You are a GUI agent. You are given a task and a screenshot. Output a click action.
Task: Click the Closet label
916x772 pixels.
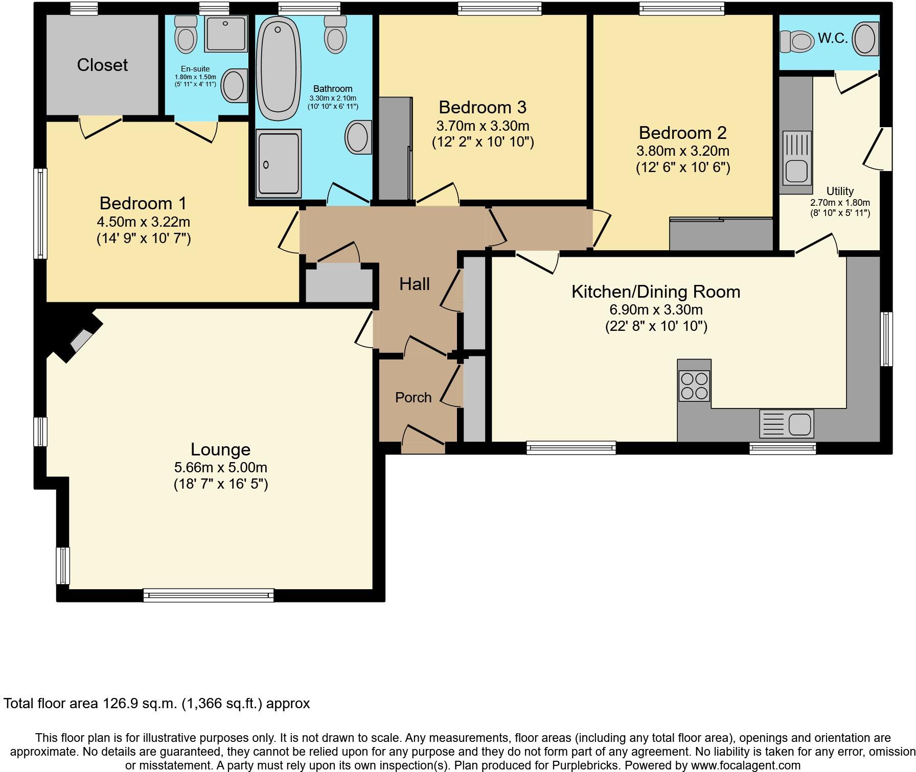[x=102, y=65]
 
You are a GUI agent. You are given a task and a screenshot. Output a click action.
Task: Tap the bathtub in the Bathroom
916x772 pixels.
[x=278, y=68]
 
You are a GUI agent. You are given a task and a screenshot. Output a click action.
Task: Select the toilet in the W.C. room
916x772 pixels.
[x=796, y=41]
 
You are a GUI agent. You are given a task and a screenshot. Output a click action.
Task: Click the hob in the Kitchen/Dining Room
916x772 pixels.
[x=694, y=385]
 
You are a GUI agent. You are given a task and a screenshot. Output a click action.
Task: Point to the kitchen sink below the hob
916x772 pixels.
[x=787, y=424]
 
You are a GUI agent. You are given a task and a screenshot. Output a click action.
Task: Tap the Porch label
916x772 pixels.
[x=413, y=397]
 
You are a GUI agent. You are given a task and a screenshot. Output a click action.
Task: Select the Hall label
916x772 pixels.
[x=414, y=284]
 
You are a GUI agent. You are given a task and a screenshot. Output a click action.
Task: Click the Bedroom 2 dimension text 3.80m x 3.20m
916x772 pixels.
[x=682, y=151]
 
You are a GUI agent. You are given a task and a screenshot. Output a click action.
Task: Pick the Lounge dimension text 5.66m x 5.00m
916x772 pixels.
[x=220, y=467]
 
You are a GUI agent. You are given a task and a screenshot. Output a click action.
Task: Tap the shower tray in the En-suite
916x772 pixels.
[x=225, y=33]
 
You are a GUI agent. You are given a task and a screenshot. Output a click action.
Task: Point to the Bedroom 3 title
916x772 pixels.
[x=483, y=107]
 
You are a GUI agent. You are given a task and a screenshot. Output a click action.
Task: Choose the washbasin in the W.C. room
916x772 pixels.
[x=865, y=39]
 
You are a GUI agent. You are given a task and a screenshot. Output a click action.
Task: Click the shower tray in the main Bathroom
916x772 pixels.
[x=278, y=163]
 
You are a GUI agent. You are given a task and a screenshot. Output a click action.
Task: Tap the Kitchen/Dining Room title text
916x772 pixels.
[x=656, y=292]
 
